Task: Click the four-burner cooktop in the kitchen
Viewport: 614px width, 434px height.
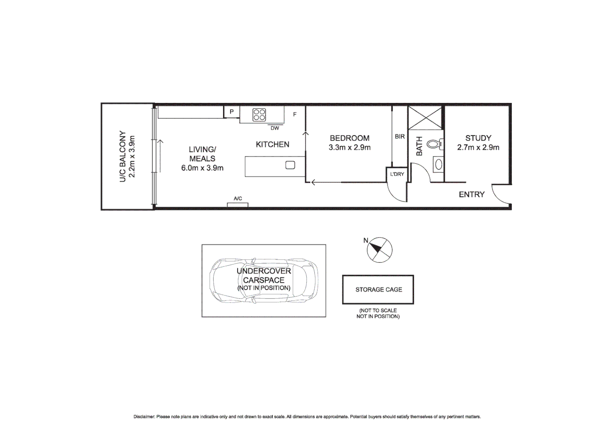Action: coord(259,115)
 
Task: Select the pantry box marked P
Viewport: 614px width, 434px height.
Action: coord(231,112)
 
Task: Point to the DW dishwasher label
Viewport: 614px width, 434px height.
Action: coord(274,128)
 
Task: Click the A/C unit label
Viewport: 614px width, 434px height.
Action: coord(238,199)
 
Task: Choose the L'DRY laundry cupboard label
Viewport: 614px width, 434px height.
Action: coord(397,174)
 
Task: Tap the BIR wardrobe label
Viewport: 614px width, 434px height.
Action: coord(399,137)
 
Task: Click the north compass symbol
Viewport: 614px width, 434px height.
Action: coord(379,250)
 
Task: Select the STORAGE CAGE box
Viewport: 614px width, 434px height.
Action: coord(378,289)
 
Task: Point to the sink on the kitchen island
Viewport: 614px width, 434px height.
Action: coord(290,165)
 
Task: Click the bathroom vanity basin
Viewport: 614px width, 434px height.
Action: coord(438,164)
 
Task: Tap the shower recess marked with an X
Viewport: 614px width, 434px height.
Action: coord(425,118)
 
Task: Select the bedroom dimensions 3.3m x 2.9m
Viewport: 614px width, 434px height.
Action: coord(350,147)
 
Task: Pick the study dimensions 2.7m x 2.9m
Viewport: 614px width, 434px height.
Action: coord(478,147)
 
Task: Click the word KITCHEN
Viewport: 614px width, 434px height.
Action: coord(272,144)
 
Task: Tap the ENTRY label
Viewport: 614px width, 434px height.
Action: coord(471,194)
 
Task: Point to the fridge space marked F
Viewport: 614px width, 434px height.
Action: coord(295,115)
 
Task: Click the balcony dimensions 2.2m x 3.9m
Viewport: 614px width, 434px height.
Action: coord(132,157)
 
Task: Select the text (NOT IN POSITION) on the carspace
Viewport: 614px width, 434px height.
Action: coord(264,288)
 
